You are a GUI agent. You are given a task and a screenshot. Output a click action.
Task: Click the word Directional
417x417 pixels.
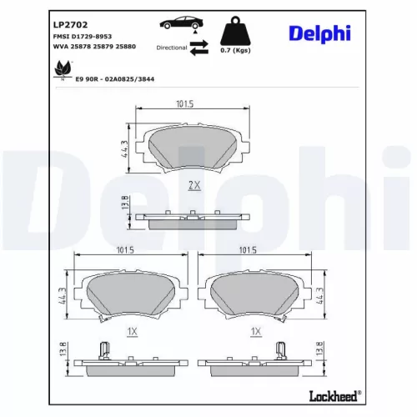click(171, 48)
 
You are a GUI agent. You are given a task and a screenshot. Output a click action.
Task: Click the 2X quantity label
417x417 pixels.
click(195, 185)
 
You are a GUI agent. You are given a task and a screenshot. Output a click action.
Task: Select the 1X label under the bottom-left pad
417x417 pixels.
click(130, 331)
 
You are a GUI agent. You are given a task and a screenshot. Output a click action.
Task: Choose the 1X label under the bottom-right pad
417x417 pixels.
click(257, 331)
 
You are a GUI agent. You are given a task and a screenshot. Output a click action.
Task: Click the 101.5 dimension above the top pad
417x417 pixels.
click(185, 104)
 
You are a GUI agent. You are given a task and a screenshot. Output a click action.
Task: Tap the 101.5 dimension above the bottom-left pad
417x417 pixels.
click(127, 249)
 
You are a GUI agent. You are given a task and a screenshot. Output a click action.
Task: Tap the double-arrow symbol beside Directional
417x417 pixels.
click(198, 49)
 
